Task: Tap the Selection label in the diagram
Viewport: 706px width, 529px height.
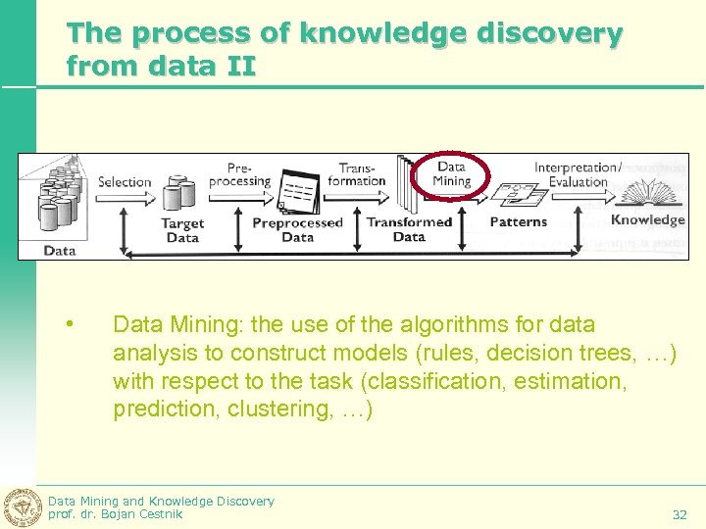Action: [x=125, y=181]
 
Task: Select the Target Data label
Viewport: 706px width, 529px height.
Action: [x=182, y=230]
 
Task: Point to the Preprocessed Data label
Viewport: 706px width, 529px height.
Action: [x=298, y=229]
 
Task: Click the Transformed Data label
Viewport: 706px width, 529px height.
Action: [x=409, y=229]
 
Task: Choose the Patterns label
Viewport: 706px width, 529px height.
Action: [x=518, y=221]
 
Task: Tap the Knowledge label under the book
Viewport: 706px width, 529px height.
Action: [x=647, y=219]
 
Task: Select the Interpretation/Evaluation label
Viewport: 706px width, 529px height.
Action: [x=578, y=174]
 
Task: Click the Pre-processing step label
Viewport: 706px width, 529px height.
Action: [x=241, y=174]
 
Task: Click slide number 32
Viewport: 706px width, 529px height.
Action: [x=680, y=514]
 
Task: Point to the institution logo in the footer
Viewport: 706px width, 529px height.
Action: [x=23, y=506]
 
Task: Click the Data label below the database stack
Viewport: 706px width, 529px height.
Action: [x=60, y=250]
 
